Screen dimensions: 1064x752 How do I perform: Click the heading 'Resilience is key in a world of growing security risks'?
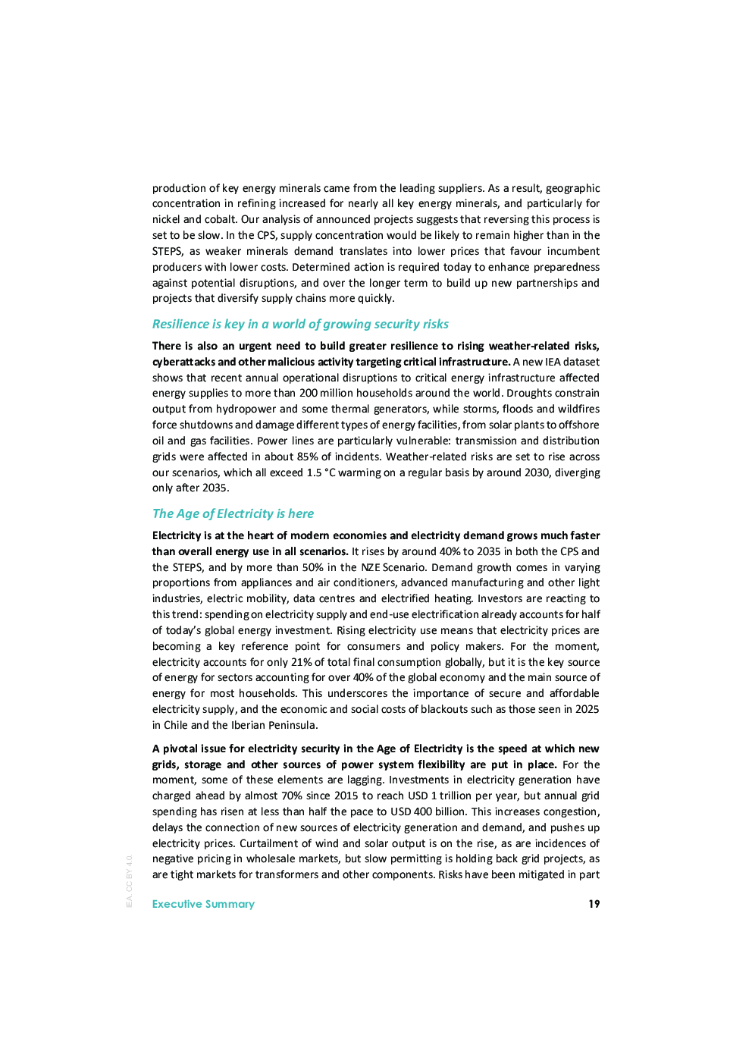300,324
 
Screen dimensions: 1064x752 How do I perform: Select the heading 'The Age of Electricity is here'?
233,513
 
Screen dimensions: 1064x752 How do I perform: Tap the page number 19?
594,904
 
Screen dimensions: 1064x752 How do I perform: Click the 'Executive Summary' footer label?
203,904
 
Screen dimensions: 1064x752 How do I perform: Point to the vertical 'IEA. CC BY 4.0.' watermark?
130,881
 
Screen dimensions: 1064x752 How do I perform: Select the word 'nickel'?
166,219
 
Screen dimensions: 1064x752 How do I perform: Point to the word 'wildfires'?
578,409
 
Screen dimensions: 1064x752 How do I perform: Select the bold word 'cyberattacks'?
183,362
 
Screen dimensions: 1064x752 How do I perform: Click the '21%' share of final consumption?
302,662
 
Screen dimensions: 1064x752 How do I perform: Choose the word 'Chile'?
176,725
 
